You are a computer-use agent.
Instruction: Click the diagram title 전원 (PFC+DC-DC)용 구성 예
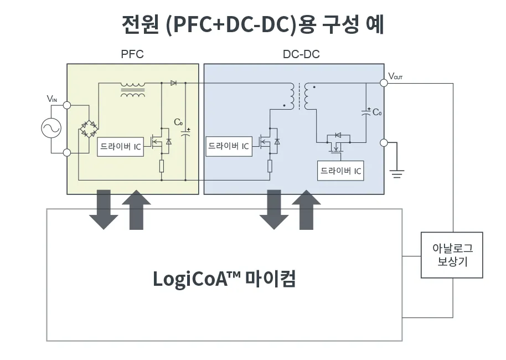pos(252,24)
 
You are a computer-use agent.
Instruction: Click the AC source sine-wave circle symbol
pos(51,128)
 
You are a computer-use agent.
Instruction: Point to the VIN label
pos(52,99)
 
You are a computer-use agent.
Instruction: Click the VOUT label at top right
pos(395,76)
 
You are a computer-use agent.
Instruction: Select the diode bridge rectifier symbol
pos(88,128)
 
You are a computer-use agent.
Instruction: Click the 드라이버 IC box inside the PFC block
pos(120,147)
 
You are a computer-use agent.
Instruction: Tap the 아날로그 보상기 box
pos(452,255)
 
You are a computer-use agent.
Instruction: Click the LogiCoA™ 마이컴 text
pos(224,279)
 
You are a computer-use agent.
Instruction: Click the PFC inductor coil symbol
pos(133,90)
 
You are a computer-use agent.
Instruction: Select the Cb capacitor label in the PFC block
pos(178,122)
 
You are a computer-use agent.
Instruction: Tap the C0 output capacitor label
pos(377,112)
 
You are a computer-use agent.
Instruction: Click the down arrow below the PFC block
pos(104,209)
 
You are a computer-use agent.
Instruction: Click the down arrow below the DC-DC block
pos(274,209)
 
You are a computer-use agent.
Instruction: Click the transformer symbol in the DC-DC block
pos(300,97)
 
